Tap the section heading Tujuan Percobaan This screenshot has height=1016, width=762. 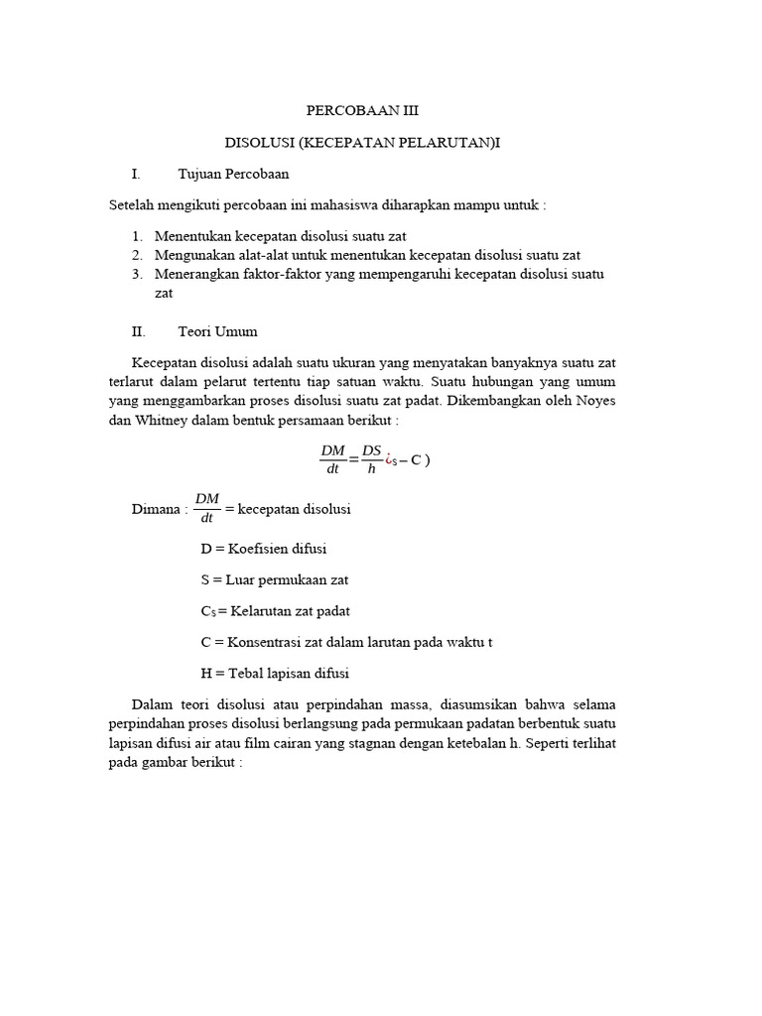233,174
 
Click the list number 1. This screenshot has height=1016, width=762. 137,236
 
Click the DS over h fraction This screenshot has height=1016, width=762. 372,459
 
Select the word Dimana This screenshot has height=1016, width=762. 157,509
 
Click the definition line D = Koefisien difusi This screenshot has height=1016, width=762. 263,548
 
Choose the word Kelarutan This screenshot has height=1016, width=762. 263,610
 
